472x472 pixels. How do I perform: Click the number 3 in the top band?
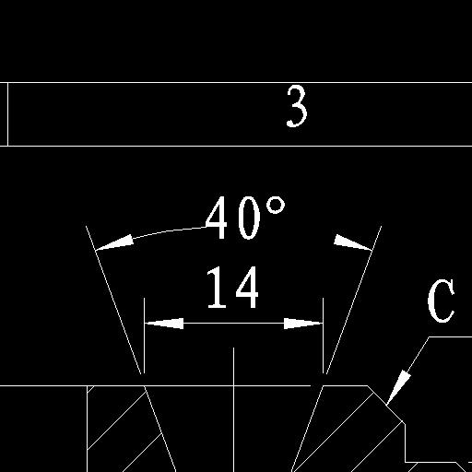coord(297,106)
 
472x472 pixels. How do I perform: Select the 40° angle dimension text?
coord(245,218)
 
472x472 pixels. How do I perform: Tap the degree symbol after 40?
coord(276,206)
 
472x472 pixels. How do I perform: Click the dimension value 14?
coord(233,287)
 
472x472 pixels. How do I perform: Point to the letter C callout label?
coord(441,301)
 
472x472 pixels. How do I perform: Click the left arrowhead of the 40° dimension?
coord(114,242)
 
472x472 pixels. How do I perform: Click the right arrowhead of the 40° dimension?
coord(353,242)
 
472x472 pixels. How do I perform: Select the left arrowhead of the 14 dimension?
coord(164,324)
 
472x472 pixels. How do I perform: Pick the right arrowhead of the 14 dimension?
coord(303,324)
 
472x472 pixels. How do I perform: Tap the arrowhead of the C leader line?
coord(398,387)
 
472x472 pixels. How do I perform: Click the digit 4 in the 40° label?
coord(217,218)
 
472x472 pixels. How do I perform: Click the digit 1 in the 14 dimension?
coord(218,287)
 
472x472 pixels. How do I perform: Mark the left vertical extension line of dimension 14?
coord(145,336)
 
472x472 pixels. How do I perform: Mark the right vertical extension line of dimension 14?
coord(324,336)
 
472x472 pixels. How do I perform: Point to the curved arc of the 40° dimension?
coord(169,230)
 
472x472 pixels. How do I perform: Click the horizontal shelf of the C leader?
coord(450,336)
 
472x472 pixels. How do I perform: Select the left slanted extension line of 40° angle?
coord(113,300)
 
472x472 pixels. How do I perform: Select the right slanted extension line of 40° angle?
coord(354,300)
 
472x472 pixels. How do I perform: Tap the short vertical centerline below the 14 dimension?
coord(233,366)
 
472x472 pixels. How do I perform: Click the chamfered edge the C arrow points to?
coord(385,404)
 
